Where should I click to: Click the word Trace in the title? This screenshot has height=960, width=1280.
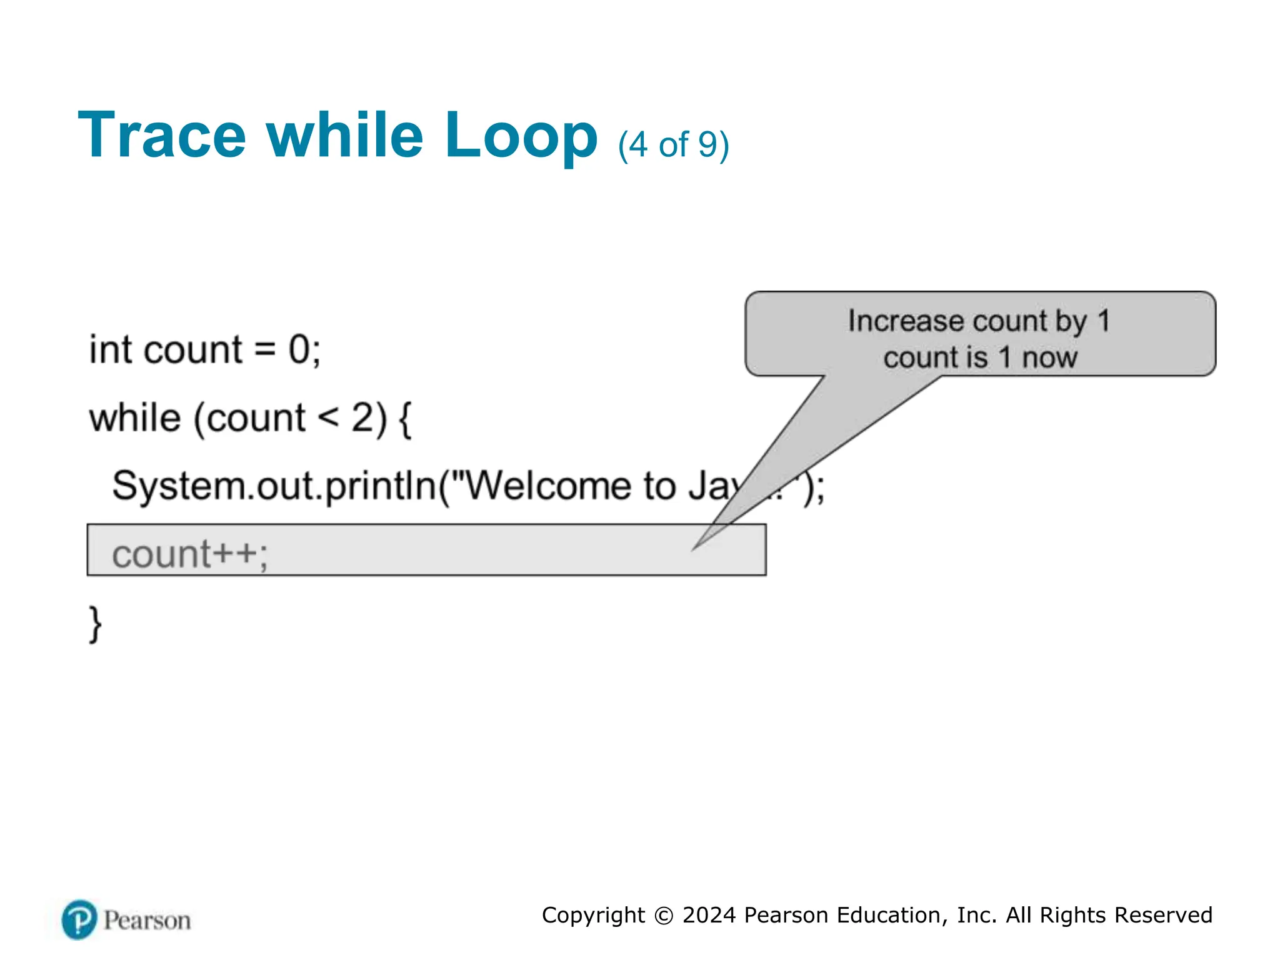click(162, 136)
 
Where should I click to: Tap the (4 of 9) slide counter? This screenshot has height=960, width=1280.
click(673, 145)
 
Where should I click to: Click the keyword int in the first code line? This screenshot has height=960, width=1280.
click(111, 349)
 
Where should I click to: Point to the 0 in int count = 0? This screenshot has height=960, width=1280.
click(299, 349)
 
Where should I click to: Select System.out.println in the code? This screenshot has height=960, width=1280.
click(274, 486)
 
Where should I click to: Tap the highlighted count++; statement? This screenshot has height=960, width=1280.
click(190, 554)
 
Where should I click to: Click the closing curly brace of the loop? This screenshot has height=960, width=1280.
click(95, 623)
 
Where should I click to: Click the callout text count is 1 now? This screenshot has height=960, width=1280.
click(980, 357)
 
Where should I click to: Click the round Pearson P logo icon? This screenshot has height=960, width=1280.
click(79, 919)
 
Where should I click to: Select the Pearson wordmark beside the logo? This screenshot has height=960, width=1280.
click(147, 921)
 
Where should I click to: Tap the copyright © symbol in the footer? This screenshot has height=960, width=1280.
click(663, 916)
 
